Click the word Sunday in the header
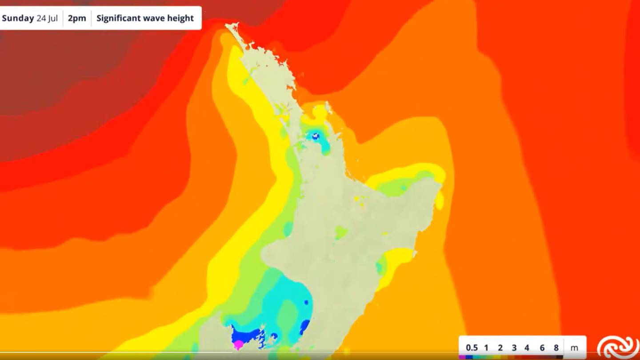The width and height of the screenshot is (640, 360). [x=18, y=18]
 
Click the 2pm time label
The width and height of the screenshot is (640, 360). [x=77, y=18]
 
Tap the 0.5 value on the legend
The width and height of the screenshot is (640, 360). [x=472, y=348]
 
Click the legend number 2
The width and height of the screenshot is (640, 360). [x=500, y=348]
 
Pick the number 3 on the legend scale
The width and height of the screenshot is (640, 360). [x=514, y=348]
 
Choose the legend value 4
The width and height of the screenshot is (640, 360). [x=527, y=348]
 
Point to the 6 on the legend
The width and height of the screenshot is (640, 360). [x=542, y=348]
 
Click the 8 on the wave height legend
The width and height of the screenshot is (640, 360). [x=556, y=348]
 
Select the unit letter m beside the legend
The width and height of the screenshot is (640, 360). [x=574, y=348]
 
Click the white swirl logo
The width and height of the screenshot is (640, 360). [x=618, y=347]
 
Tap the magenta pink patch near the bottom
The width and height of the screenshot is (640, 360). [x=239, y=344]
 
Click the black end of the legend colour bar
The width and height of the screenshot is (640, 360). [x=560, y=356]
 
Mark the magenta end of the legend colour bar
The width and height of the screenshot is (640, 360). [x=462, y=356]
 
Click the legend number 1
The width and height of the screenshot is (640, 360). [x=486, y=348]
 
